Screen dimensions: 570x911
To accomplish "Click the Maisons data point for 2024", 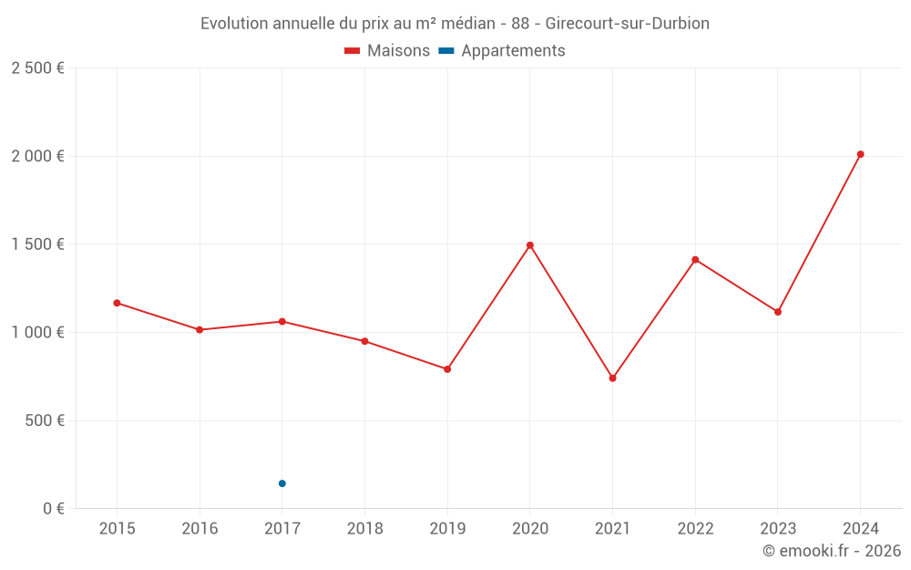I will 860,154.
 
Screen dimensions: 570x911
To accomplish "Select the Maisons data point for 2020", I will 530,245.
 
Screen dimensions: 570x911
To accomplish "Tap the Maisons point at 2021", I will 612,378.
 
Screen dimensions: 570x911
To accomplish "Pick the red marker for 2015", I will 117,303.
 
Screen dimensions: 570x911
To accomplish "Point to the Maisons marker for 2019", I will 447,369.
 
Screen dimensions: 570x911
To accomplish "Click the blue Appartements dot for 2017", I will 282,483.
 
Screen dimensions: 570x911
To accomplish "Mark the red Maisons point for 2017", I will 282,321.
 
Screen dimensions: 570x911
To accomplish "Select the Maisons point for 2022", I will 695,260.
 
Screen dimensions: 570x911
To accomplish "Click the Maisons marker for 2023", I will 778,312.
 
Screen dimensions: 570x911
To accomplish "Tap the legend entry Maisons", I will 387,51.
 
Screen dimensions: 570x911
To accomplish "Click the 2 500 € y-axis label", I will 37,68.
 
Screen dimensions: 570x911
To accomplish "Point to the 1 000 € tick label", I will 37,333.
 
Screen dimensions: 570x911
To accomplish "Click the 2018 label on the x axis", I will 364,529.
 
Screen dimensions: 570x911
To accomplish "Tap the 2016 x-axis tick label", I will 200,529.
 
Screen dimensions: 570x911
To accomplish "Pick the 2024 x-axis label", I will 860,529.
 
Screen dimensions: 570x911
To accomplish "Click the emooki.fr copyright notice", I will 831,551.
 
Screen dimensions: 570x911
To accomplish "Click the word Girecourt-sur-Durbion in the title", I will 627,24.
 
